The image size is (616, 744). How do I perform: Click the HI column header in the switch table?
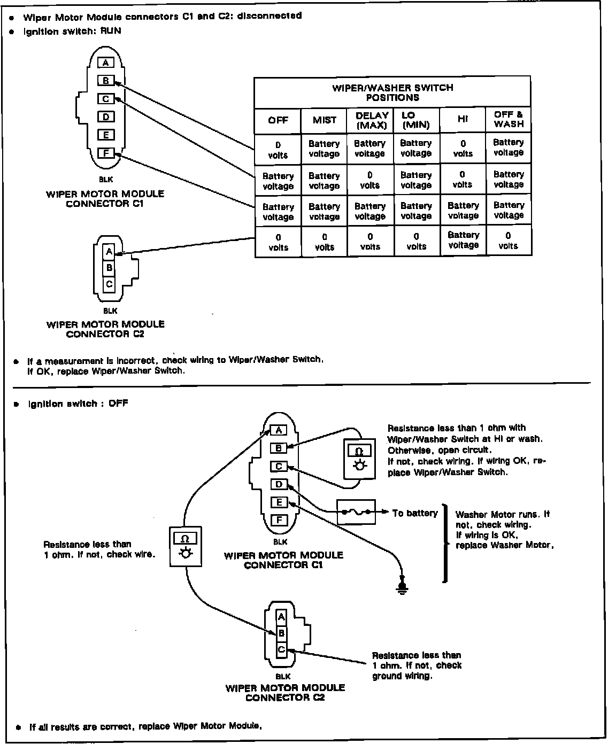tap(463, 120)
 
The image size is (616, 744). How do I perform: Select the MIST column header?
tap(325, 120)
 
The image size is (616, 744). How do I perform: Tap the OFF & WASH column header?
tap(509, 119)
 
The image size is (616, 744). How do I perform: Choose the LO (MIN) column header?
tap(416, 120)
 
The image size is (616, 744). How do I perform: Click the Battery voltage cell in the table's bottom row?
tap(463, 240)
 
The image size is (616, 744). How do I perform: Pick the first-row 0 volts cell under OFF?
tap(278, 150)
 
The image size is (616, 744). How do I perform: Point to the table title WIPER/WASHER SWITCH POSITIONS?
tap(392, 92)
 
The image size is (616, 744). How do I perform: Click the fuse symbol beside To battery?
tap(356, 513)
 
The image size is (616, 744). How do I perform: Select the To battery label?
tap(415, 513)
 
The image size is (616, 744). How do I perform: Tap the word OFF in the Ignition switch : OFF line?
tap(118, 404)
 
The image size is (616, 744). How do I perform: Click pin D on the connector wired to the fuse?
tap(279, 485)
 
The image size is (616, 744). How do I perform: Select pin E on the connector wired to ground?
tap(279, 502)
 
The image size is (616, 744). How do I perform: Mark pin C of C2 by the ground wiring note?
tap(281, 650)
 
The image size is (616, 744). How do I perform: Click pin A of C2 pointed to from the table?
tap(109, 252)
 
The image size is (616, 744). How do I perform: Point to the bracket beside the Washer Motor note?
tap(444, 542)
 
